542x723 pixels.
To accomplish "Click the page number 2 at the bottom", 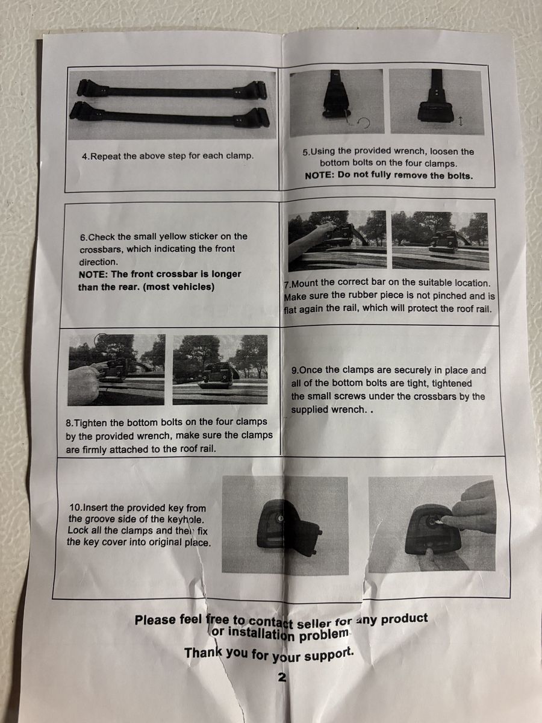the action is tap(282, 677).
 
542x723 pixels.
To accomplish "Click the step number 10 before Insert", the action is tap(76, 507).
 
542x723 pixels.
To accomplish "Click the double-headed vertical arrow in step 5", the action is tap(461, 122).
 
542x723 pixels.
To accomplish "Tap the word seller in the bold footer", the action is tap(314, 623).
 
